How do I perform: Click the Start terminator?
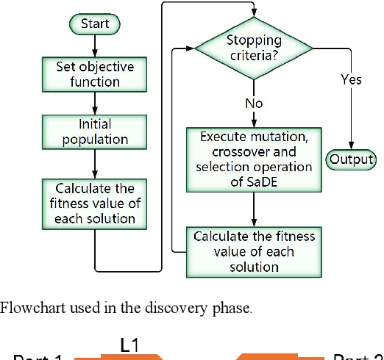[94, 25]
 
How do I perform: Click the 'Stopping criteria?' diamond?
[254, 48]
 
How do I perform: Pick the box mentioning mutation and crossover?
[254, 158]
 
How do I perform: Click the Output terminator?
[351, 159]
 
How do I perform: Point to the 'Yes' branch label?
[351, 79]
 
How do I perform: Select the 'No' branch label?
[254, 104]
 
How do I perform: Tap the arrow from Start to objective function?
[94, 46]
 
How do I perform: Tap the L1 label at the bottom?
[130, 344]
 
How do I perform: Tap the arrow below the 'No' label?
[254, 120]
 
